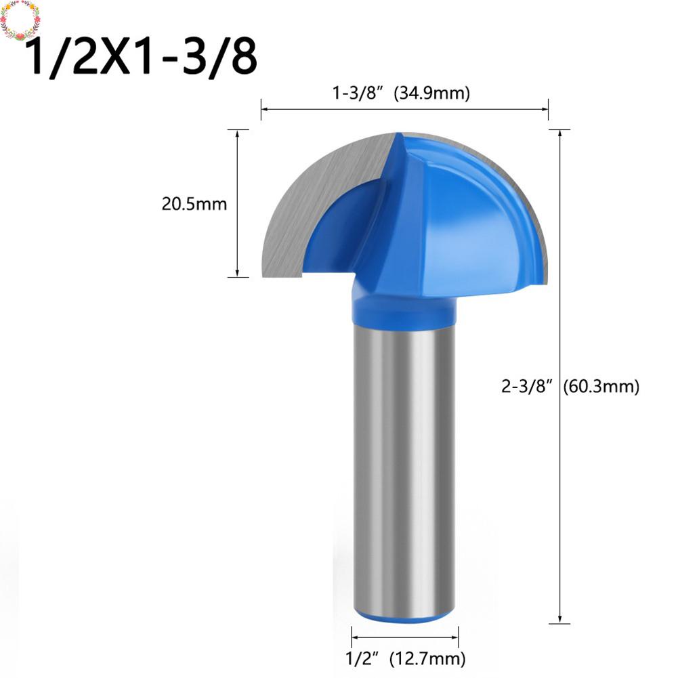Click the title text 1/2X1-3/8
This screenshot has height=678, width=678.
click(x=141, y=58)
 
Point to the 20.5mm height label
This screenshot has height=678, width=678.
click(x=194, y=203)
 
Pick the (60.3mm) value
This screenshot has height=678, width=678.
click(x=601, y=386)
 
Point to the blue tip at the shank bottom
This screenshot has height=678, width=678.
click(x=403, y=618)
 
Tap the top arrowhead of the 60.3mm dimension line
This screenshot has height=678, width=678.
click(x=559, y=133)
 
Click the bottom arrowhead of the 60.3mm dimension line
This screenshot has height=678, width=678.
click(x=559, y=619)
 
